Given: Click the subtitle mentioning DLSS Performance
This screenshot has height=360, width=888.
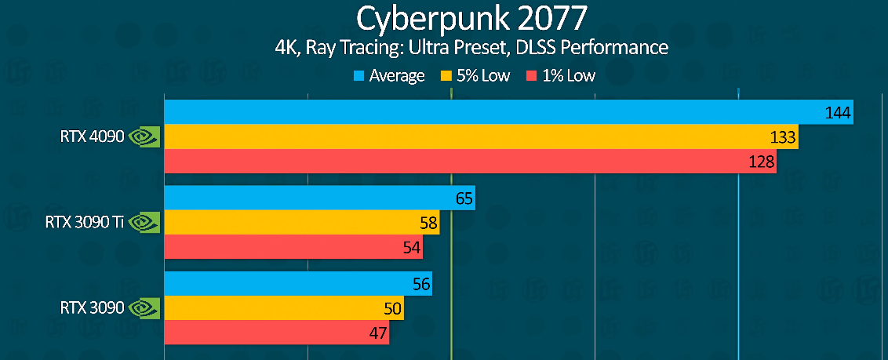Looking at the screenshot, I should click(x=471, y=48).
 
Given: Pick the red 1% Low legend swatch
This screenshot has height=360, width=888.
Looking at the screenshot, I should click(x=531, y=76).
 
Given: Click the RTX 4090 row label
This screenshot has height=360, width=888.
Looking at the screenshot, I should click(x=92, y=137).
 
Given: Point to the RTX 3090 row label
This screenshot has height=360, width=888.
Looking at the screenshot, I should click(x=92, y=308).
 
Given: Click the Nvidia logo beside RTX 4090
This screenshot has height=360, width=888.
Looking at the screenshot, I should click(x=144, y=137).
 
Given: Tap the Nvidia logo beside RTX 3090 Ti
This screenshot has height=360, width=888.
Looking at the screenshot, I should click(x=144, y=223).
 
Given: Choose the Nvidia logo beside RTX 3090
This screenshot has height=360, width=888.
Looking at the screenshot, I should click(x=144, y=308).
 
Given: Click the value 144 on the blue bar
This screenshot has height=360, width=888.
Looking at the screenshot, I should click(x=838, y=114).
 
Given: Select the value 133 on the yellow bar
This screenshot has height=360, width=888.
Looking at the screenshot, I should click(x=783, y=138).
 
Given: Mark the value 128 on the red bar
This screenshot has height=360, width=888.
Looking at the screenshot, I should click(x=761, y=162).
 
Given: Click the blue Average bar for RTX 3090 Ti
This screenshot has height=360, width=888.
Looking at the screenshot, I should click(x=314, y=198).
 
